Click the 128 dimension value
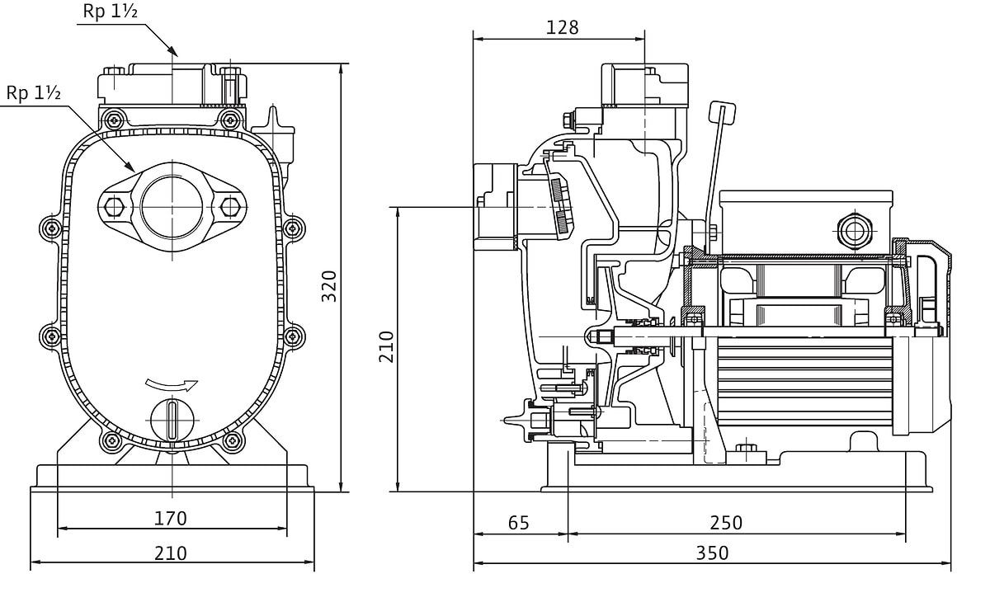tap(563, 27)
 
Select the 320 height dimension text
tap(329, 285)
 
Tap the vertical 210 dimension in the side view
tap(386, 346)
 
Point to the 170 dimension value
tap(171, 518)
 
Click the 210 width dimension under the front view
tap(171, 553)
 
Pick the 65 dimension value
tap(518, 522)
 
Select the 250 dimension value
tap(725, 522)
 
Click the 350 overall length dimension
tap(711, 553)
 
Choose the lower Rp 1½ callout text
tap(34, 93)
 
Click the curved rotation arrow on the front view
tap(172, 384)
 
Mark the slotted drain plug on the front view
tap(172, 419)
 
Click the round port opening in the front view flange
tap(172, 205)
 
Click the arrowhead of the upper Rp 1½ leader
tap(172, 52)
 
